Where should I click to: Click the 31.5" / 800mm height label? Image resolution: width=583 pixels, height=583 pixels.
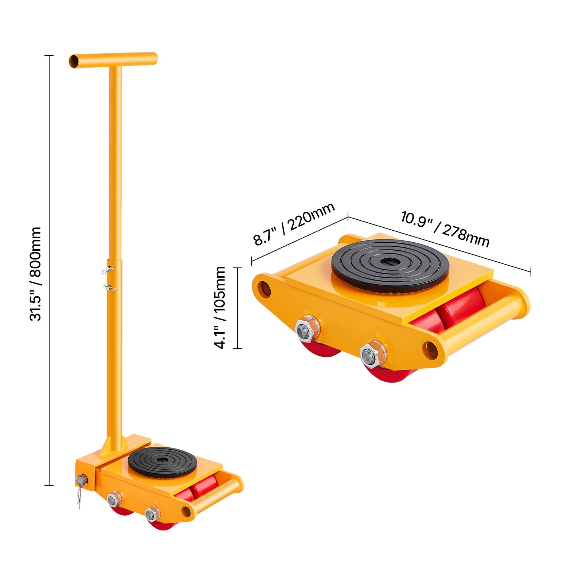point(35,274)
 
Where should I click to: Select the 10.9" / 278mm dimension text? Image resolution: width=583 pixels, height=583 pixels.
point(445,229)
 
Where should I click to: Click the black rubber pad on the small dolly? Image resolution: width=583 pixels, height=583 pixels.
point(163,461)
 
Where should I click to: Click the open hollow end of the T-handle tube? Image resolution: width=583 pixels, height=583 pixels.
point(74,60)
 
